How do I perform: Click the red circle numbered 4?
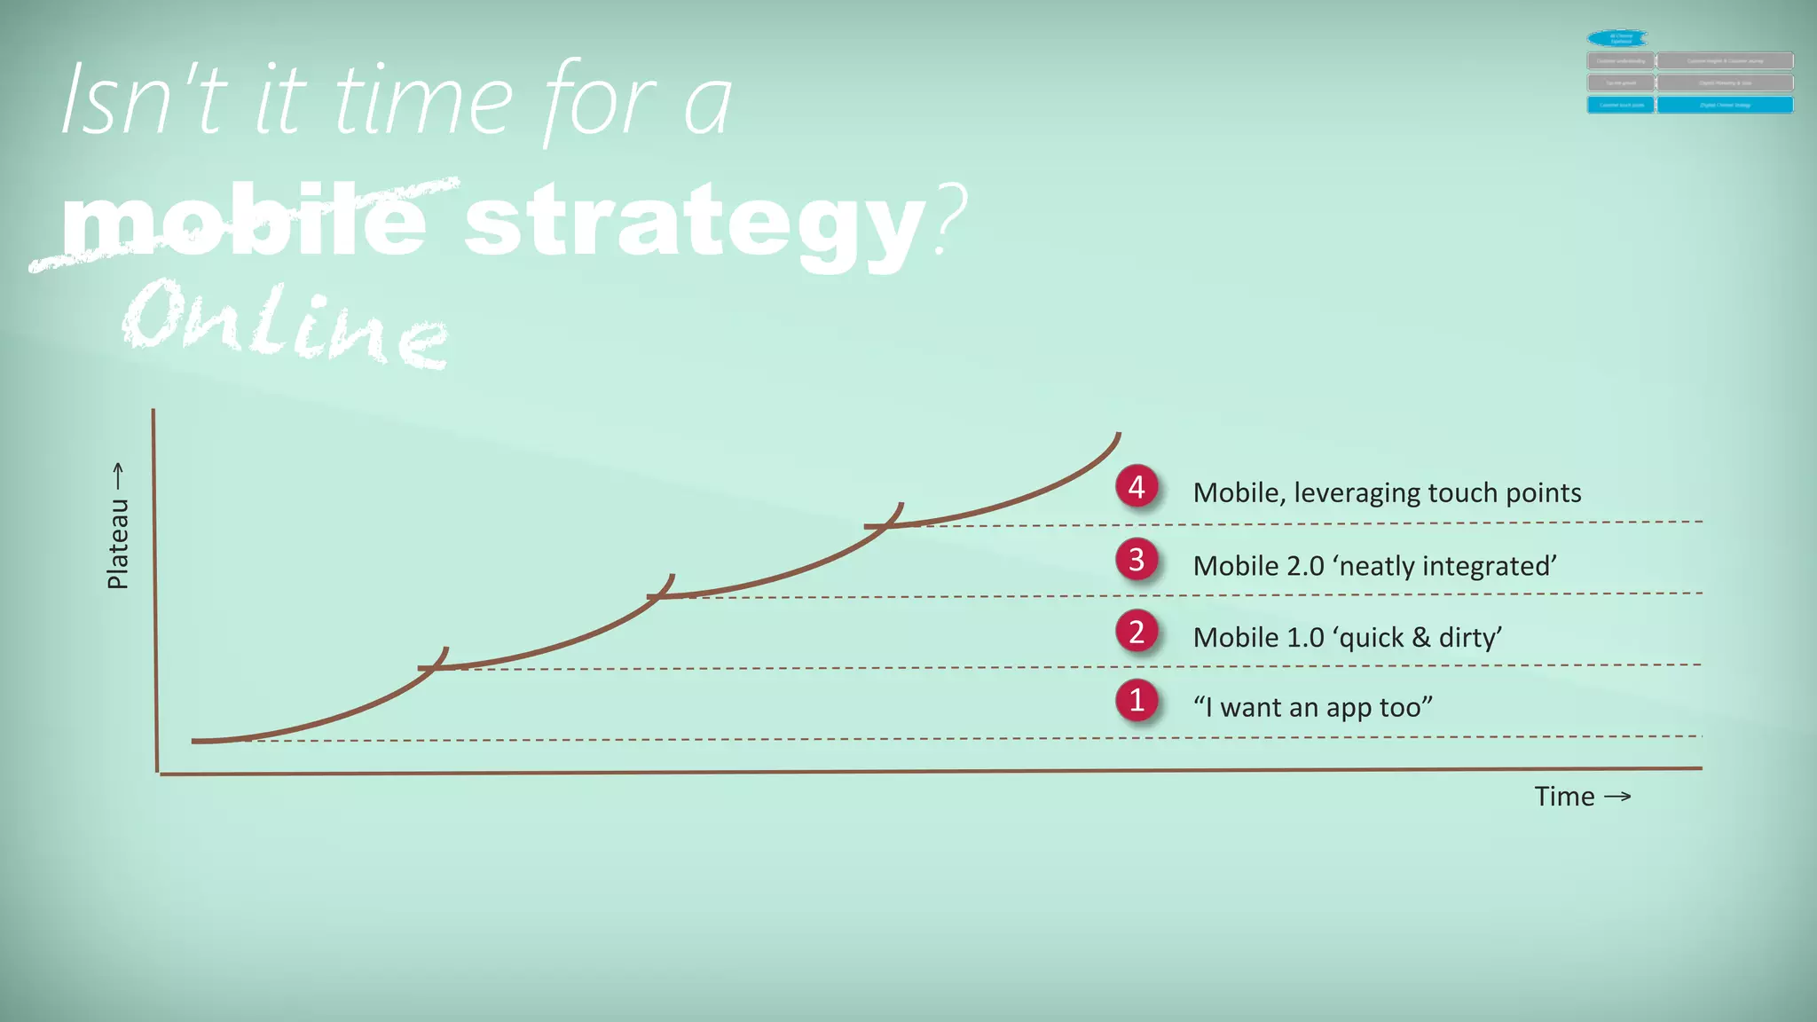(1137, 487)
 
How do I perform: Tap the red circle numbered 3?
(1137, 560)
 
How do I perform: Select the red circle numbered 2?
(1137, 632)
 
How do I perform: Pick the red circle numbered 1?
(1137, 701)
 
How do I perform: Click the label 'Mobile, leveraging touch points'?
(1387, 492)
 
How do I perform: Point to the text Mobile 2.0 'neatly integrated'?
(1374, 565)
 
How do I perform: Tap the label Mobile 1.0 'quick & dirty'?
(1347, 637)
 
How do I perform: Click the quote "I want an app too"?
(1312, 707)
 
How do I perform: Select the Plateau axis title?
(118, 544)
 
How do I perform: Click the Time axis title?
(1564, 797)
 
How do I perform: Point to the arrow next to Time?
(1617, 797)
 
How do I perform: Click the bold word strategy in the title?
(695, 222)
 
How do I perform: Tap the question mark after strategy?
(950, 217)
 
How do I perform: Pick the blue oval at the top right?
(1618, 38)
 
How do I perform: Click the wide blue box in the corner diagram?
(1725, 105)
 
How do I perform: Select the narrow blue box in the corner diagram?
(1620, 105)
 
